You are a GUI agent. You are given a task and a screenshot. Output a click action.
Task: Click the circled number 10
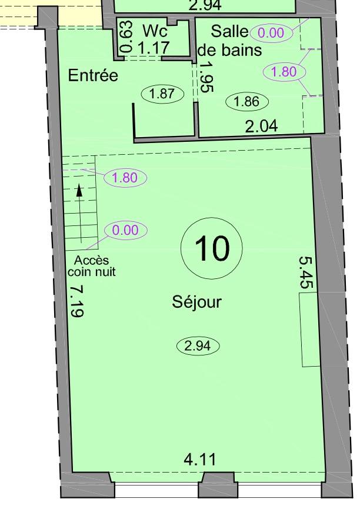pos(212,248)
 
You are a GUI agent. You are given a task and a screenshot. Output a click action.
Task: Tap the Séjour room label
pos(197,302)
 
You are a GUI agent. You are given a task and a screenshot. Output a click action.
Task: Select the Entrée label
pos(93,76)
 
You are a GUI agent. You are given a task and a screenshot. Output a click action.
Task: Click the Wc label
pos(155,31)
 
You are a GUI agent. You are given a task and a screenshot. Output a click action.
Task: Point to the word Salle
pos(229,31)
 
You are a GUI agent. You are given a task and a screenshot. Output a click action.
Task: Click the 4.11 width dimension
pos(200,460)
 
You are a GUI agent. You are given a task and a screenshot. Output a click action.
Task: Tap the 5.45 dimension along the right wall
pos(306,272)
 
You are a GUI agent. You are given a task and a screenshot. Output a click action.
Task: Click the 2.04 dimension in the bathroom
pos(261,126)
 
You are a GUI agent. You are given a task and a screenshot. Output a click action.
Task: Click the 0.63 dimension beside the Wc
pos(126,36)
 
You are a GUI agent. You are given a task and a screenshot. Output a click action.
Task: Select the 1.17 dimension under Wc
pos(154,48)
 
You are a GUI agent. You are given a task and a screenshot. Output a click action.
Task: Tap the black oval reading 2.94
pos(198,346)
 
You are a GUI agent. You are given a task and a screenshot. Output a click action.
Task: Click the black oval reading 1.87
pos(162,94)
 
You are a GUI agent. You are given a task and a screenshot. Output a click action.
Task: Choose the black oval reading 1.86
pos(247,102)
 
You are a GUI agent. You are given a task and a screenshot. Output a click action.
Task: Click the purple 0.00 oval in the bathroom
pos(271,33)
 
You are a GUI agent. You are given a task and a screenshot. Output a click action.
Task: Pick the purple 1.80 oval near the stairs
pos(125,178)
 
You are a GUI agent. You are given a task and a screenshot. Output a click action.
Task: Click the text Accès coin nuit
pos(91,266)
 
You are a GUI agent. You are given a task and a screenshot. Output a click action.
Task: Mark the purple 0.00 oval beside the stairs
pos(126,230)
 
